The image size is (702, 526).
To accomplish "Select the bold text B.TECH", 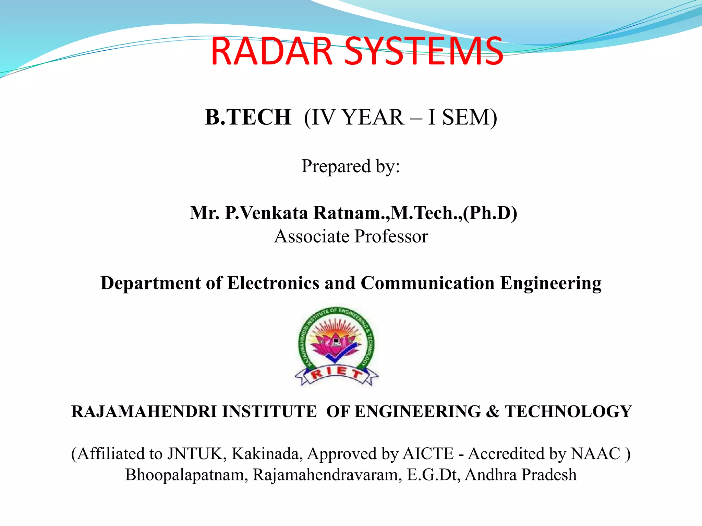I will point(248,117).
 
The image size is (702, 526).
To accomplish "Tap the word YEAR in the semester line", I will point(373,117).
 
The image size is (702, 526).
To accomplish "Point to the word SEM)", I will point(469,117).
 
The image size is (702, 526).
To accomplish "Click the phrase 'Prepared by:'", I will point(351,166).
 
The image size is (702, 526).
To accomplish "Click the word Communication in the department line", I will point(427,283).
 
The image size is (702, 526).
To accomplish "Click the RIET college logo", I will point(336,346).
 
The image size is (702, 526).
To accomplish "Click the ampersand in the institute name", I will point(493,412).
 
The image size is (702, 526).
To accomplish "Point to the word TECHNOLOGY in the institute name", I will point(568,412).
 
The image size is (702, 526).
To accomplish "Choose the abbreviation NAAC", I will point(596,454).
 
